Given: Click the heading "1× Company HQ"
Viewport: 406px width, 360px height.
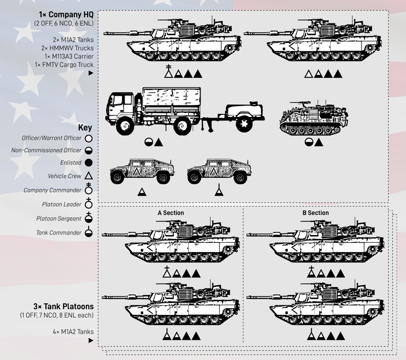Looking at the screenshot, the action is [x=66, y=14].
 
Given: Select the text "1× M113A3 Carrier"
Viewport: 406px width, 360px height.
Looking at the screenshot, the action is [x=69, y=56].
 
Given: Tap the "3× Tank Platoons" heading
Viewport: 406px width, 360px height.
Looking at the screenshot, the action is [x=63, y=306].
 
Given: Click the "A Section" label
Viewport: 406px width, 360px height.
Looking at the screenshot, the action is [x=171, y=213].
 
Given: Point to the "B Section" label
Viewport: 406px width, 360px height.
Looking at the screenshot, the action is [x=316, y=213].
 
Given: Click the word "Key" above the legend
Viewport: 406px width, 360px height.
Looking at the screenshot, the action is [x=85, y=127].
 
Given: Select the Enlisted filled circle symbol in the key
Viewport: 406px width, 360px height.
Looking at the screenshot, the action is [x=89, y=163].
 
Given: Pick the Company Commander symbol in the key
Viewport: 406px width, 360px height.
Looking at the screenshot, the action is [x=89, y=189].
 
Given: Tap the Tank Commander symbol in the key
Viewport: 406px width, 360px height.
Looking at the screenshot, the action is [x=89, y=232].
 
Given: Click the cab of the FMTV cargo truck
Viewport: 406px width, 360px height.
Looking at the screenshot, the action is [x=120, y=108].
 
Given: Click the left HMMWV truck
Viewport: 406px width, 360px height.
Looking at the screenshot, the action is [x=142, y=171].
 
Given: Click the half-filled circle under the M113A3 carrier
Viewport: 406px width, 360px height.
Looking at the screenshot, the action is [x=308, y=142].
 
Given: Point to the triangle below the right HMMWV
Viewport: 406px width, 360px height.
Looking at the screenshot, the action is [x=219, y=191].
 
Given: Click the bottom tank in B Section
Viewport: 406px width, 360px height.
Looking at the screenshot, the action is [x=315, y=303].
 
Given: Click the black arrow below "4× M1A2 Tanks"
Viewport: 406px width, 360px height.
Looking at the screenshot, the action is [x=91, y=340].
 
